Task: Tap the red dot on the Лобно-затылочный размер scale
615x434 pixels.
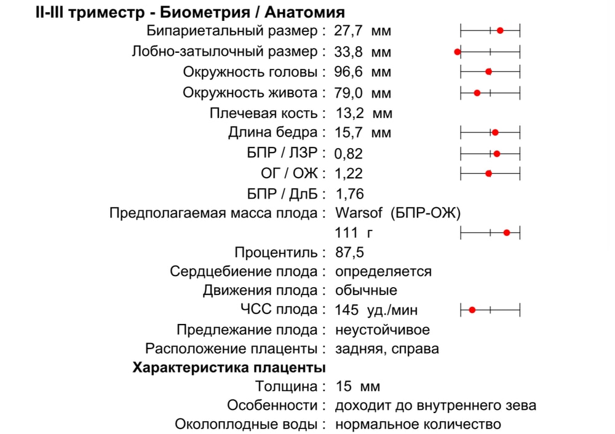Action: pos(458,52)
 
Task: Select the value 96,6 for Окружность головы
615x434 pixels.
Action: pos(349,72)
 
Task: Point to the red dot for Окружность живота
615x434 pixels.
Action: pos(477,93)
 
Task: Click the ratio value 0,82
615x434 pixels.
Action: pos(349,154)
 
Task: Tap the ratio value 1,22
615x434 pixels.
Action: pos(349,174)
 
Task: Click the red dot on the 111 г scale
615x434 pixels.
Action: pos(507,232)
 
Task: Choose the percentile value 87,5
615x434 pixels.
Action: pos(350,253)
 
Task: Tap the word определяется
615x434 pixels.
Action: pos(383,272)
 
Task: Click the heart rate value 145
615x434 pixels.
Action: pos(347,310)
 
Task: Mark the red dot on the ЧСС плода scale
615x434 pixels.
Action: pos(472,310)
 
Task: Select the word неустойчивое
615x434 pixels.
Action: pos(383,330)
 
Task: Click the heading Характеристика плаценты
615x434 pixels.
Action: pos(229,368)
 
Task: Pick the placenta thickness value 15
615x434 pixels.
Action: pos(344,387)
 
